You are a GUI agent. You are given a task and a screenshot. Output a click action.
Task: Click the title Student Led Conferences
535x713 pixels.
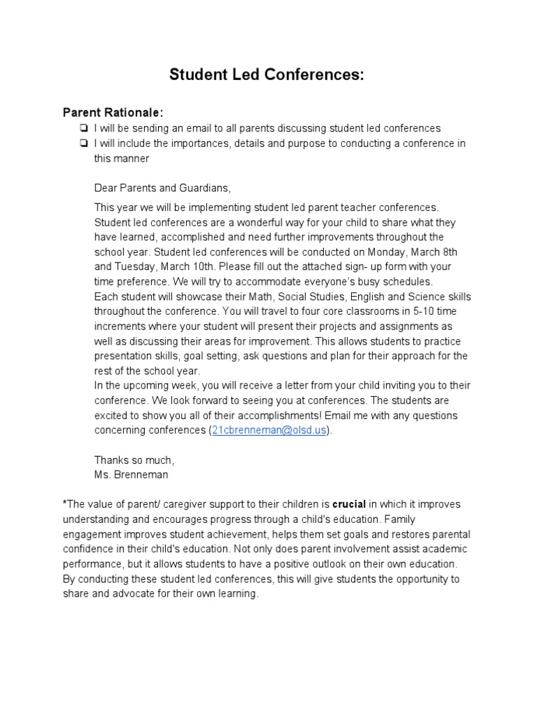click(267, 75)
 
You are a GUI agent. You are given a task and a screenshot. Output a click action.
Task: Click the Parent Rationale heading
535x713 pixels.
click(114, 112)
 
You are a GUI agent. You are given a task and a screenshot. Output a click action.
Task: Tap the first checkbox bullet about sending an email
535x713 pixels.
click(84, 128)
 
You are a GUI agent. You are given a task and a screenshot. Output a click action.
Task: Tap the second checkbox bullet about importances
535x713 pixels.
click(84, 143)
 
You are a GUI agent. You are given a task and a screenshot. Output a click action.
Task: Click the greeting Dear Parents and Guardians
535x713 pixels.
click(162, 189)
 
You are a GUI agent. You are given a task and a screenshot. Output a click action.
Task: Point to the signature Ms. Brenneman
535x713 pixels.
click(131, 475)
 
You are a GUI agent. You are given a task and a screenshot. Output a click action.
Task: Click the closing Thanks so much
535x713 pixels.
click(134, 460)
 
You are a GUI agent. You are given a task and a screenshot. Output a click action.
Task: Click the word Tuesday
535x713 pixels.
click(134, 267)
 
